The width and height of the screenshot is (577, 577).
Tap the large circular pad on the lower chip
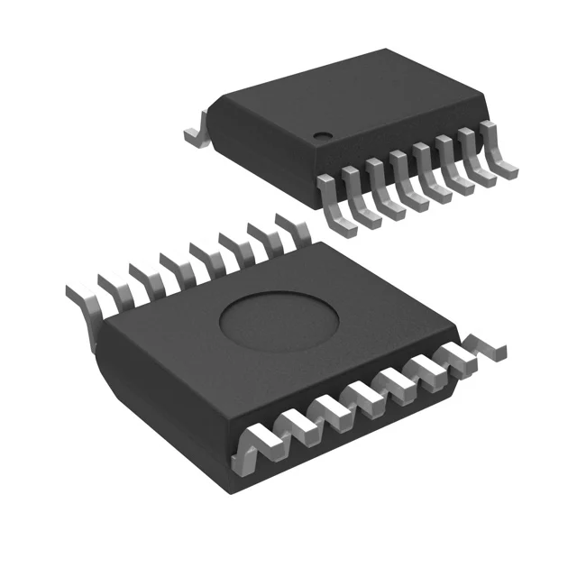click(279, 321)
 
